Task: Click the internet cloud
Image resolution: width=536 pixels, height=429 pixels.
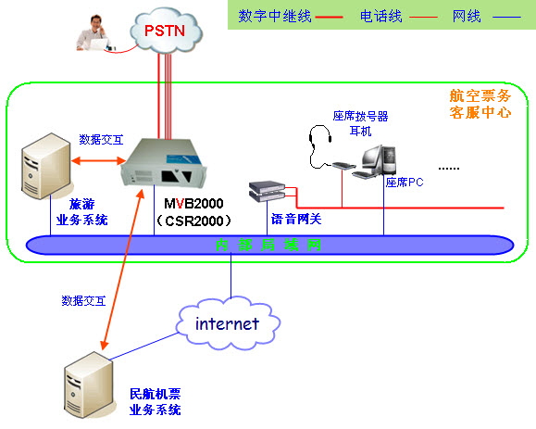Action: click(226, 323)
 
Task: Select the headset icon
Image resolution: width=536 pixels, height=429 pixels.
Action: click(319, 145)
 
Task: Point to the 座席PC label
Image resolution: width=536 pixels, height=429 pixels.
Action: click(404, 183)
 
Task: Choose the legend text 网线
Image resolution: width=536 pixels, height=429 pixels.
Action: click(467, 16)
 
